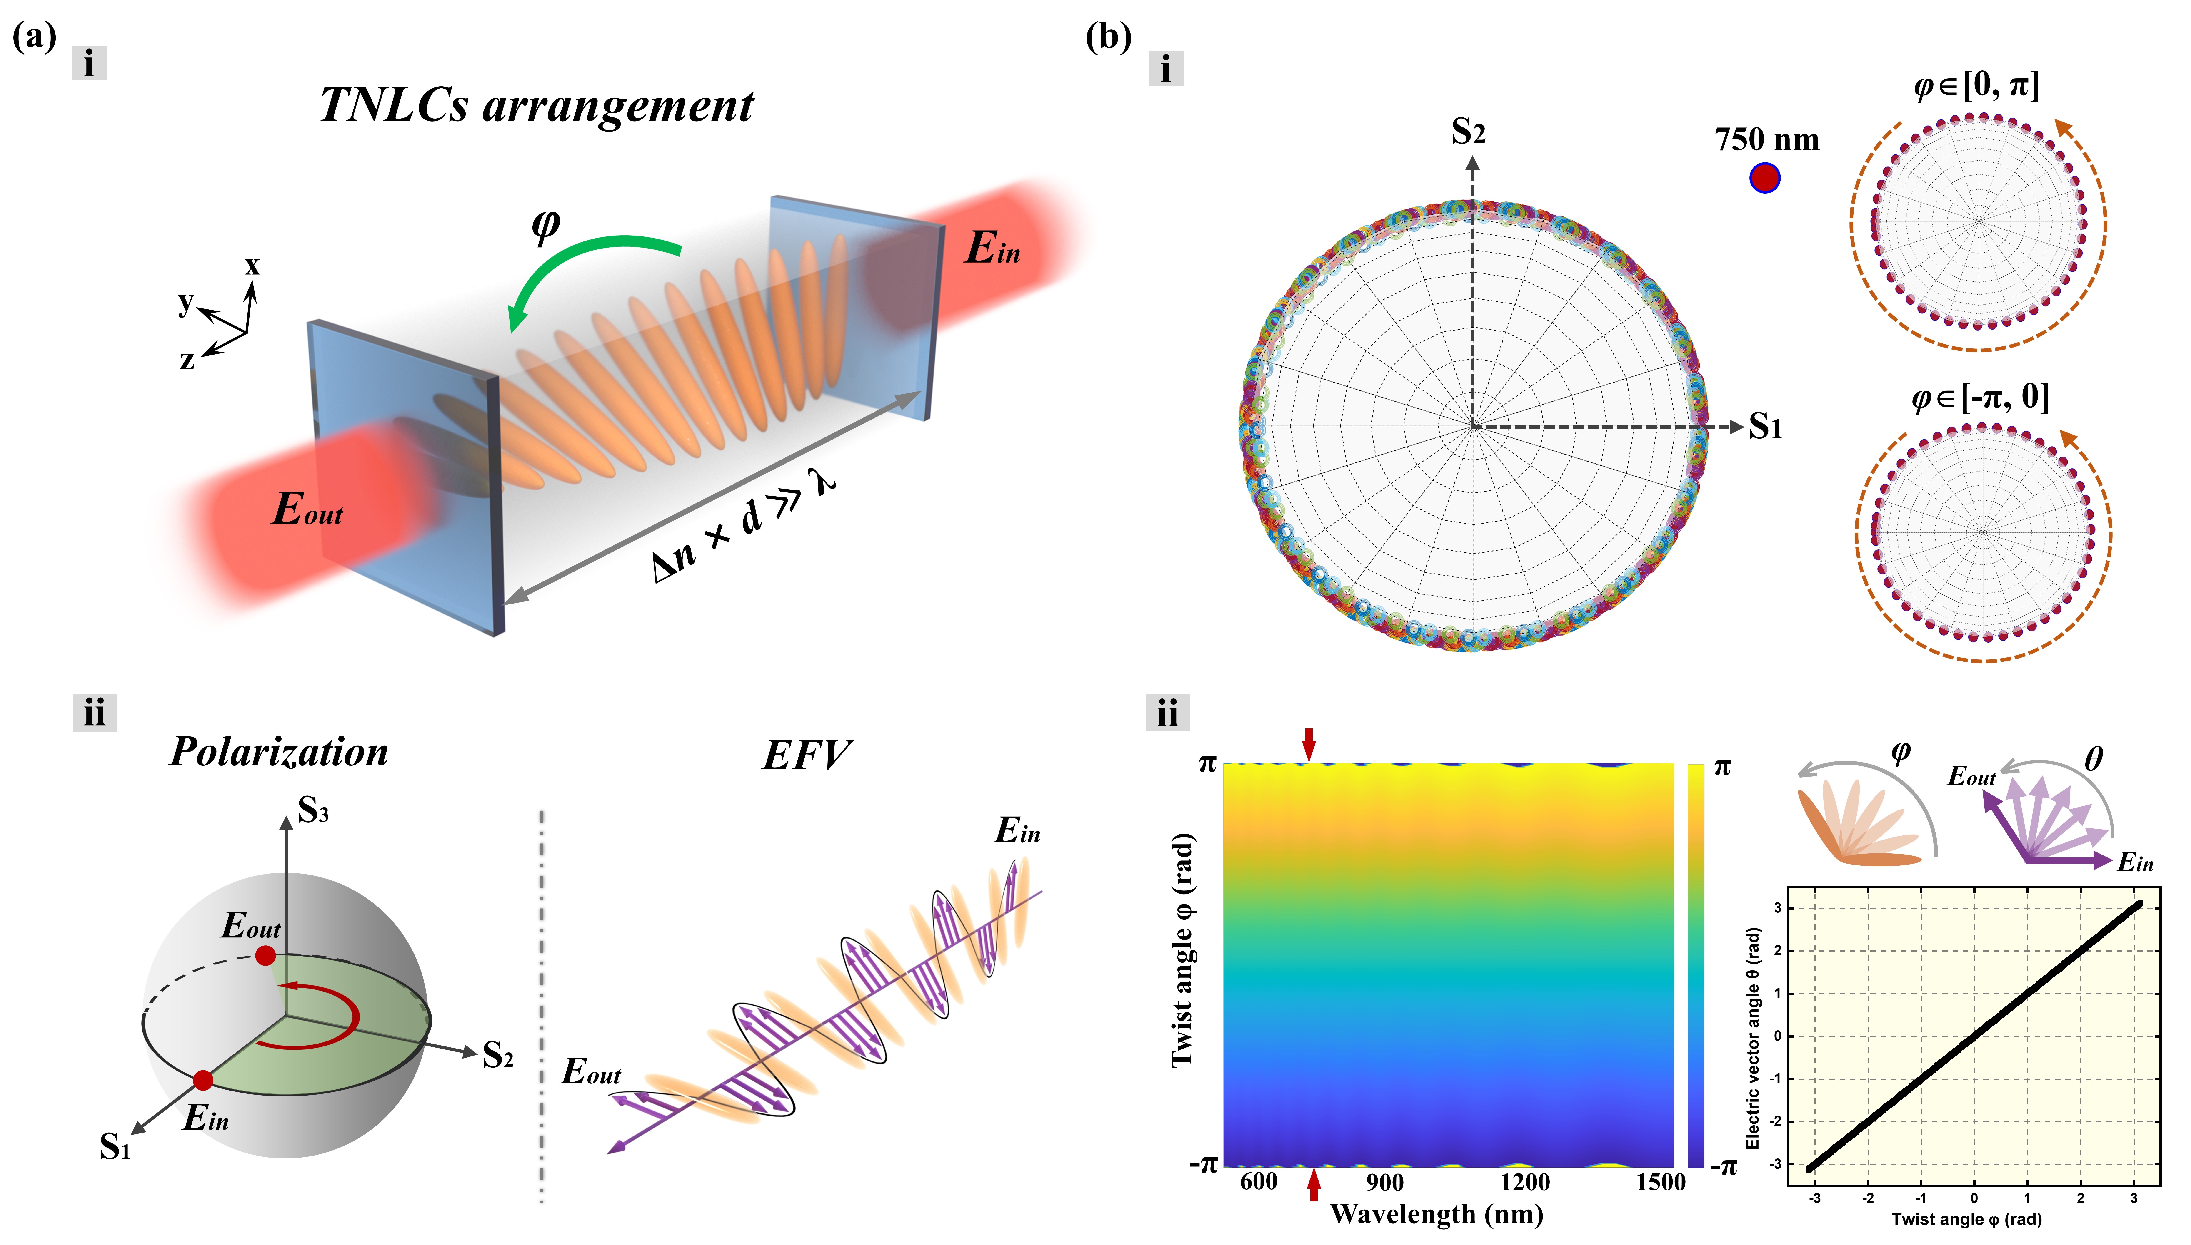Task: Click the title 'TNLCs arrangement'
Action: tap(536, 106)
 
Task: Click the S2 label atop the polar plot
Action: tap(1468, 132)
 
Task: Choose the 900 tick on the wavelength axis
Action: tap(1384, 1183)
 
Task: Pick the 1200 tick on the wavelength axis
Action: tap(1525, 1183)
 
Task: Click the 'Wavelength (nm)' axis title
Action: tap(1437, 1214)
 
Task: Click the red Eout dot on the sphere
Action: tap(265, 955)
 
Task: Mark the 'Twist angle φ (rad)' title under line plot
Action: tap(1965, 1219)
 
